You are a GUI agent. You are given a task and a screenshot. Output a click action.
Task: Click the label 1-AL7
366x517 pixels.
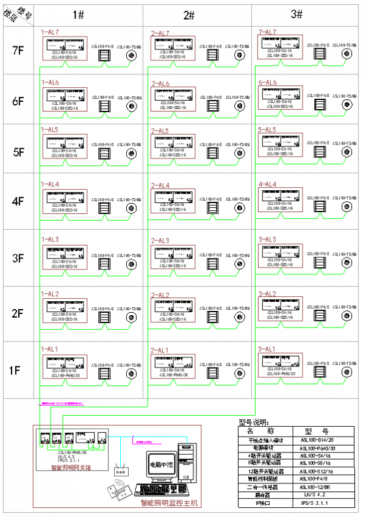49,32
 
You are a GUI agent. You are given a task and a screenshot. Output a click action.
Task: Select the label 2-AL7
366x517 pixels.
160,33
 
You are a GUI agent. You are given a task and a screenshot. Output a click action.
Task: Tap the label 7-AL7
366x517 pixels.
267,32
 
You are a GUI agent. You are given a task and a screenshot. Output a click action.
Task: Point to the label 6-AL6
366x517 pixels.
267,82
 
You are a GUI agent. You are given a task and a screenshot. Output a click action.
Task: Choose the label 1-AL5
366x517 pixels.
49,130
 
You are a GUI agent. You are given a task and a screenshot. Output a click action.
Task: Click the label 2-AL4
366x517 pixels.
160,185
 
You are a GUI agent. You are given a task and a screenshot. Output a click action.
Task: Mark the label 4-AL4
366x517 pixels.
267,184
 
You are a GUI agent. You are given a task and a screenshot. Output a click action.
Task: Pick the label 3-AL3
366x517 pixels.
267,239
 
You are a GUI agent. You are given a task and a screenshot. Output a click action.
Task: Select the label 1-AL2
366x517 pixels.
49,294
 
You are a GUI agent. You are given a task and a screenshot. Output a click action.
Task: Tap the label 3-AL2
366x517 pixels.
267,294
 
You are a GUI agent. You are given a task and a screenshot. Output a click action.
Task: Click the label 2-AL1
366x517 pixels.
160,351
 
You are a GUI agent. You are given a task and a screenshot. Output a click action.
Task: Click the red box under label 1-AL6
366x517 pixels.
65,99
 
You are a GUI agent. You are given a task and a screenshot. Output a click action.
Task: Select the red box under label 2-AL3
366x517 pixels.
173,257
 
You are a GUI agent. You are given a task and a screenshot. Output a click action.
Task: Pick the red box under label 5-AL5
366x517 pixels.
280,145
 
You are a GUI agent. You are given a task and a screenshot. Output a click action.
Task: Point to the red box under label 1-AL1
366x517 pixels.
65,366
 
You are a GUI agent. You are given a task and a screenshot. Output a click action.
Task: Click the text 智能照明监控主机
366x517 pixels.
169,503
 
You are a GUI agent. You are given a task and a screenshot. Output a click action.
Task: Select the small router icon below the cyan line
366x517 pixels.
121,471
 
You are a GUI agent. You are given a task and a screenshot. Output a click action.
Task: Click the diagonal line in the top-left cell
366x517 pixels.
18,15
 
